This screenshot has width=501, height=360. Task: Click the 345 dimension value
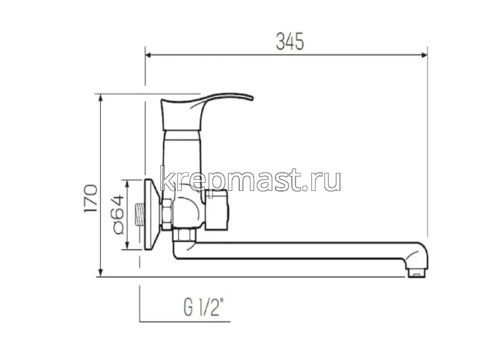pyautogui.click(x=290, y=41)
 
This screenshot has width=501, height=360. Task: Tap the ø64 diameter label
pyautogui.click(x=117, y=214)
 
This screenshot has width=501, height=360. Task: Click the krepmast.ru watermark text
pyautogui.click(x=250, y=179)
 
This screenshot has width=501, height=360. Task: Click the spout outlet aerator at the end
pyautogui.click(x=415, y=272)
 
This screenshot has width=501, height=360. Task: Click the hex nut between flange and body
pyautogui.click(x=167, y=214)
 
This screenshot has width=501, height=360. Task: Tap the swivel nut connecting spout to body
pyautogui.click(x=184, y=235)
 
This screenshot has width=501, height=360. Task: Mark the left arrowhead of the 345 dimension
pyautogui.click(x=148, y=55)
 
